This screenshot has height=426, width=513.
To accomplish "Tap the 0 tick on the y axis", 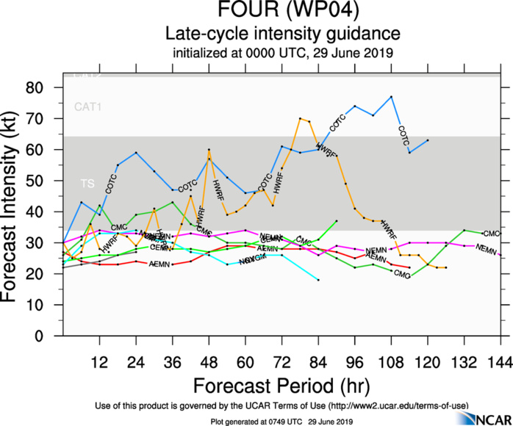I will click(x=49, y=336).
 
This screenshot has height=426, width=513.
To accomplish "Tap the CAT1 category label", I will click(x=89, y=107).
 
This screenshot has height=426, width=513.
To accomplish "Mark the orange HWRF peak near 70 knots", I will click(x=300, y=118).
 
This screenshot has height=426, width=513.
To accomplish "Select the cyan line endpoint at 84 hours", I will click(x=318, y=280).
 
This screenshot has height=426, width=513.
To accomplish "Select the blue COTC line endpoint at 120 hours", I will click(x=428, y=140).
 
